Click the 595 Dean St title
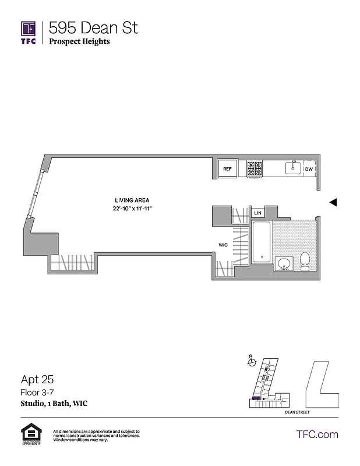(x=93, y=27)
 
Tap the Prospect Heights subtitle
(x=79, y=41)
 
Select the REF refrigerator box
(x=228, y=169)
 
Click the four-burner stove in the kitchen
(x=255, y=168)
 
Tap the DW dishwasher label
(x=309, y=169)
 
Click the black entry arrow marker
(x=333, y=202)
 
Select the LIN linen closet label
(x=257, y=213)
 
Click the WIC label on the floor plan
(x=223, y=245)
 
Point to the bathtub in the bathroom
(x=262, y=242)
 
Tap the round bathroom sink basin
(x=284, y=263)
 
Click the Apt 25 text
(x=34, y=381)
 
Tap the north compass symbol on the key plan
(x=252, y=362)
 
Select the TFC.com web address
(x=317, y=434)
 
